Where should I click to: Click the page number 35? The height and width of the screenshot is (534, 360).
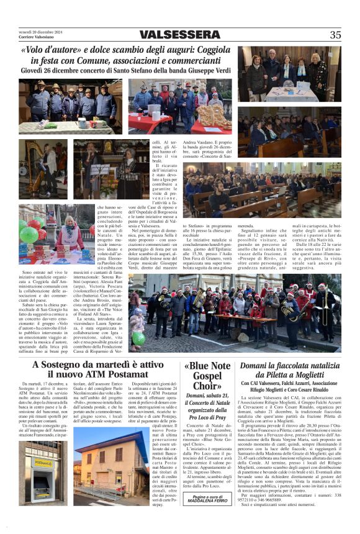pyautogui.click(x=335, y=35)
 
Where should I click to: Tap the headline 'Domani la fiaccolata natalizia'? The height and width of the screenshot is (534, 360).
pyautogui.click(x=289, y=366)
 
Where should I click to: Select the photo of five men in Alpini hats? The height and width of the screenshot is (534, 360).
pyautogui.click(x=70, y=106)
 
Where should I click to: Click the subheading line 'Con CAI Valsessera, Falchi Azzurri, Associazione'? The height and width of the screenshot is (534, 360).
pyautogui.click(x=289, y=383)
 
